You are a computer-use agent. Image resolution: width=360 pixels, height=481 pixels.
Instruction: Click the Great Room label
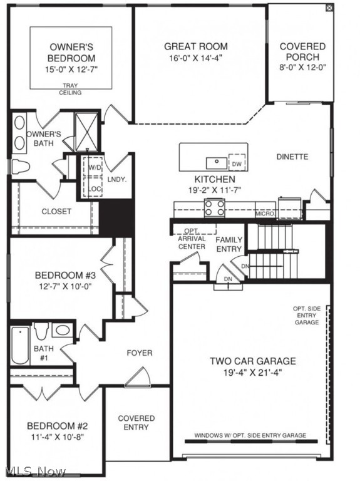(196, 46)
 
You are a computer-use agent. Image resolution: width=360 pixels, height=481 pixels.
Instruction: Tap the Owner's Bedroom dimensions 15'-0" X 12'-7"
(71, 70)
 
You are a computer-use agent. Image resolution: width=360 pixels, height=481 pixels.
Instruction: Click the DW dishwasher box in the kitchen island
(237, 162)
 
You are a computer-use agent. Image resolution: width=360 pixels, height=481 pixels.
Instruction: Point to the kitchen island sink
(217, 162)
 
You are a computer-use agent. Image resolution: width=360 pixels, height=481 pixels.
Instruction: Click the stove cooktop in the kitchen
(215, 207)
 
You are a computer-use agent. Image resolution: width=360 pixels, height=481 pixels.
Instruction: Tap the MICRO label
(264, 214)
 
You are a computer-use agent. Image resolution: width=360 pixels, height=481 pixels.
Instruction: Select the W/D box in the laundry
(95, 168)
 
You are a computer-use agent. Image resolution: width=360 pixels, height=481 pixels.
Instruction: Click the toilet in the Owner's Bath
(21, 167)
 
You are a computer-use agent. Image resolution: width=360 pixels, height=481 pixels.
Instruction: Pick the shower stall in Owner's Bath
(86, 131)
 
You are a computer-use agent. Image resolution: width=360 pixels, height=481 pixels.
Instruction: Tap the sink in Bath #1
(62, 330)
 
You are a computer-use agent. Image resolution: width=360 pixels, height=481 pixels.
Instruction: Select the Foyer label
(139, 353)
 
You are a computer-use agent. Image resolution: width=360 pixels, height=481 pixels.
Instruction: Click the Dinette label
(292, 157)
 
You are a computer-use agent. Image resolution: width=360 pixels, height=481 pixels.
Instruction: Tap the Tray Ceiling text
(70, 89)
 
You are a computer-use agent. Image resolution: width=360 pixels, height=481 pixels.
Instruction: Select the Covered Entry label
(136, 423)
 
